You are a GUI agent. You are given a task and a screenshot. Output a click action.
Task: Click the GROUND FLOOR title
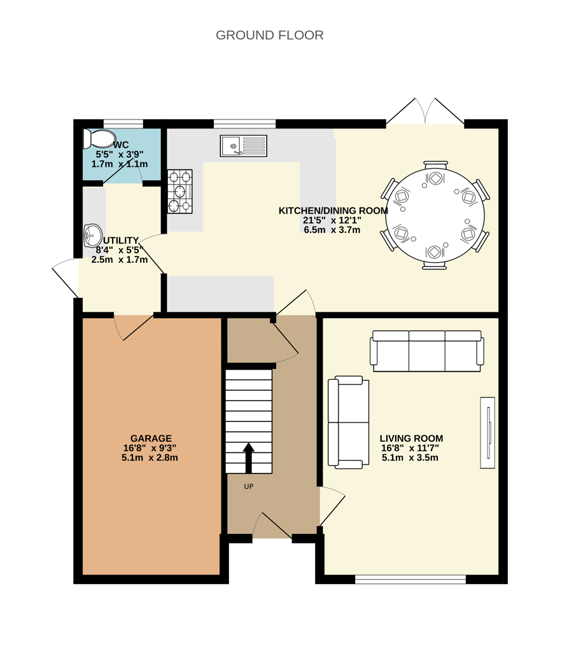point(270,35)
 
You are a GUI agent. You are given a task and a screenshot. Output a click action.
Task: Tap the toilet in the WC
point(99,139)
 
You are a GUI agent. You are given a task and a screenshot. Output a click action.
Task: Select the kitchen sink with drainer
point(243,146)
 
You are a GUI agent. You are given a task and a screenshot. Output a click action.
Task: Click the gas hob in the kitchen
point(180,192)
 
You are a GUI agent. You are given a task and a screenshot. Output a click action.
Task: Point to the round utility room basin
point(93,235)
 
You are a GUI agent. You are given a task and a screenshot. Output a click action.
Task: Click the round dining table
point(435,215)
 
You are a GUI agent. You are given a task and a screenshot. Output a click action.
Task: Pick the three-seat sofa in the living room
point(427,351)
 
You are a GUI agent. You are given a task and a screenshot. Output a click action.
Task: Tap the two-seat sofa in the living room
point(348,422)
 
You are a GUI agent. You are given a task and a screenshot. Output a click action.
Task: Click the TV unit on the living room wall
point(487,432)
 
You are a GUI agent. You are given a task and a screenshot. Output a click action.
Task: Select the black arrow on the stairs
point(249,458)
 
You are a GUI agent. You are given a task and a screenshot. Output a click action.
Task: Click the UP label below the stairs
point(249,487)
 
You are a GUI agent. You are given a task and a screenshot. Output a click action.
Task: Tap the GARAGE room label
point(151,438)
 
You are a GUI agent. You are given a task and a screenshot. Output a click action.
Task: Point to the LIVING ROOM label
point(411,438)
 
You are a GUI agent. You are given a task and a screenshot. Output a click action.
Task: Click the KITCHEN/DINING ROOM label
point(333,211)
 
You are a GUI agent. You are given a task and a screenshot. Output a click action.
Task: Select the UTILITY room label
point(121,241)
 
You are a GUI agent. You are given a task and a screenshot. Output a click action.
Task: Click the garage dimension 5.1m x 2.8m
point(150,458)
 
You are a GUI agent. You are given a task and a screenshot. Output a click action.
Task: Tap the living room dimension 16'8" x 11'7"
point(410,448)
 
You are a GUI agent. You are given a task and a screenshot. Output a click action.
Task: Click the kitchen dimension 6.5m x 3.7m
point(332,230)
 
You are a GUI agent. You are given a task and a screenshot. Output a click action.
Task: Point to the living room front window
point(410,580)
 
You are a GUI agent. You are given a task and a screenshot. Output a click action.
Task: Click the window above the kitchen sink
point(244,124)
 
